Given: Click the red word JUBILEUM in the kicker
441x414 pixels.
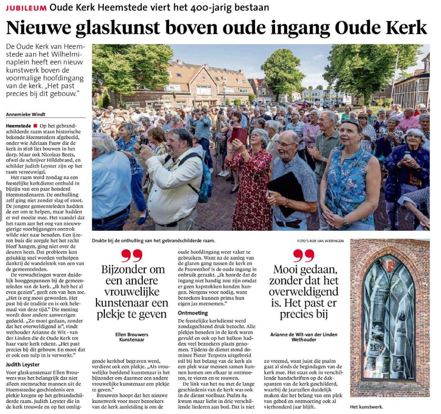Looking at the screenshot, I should pyautogui.click(x=25, y=8).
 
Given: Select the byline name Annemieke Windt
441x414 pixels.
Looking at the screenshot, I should pyautogui.click(x=26, y=113).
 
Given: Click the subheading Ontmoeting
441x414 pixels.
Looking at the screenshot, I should pyautogui.click(x=193, y=313).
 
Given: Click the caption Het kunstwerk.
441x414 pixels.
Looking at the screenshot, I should pyautogui.click(x=367, y=407).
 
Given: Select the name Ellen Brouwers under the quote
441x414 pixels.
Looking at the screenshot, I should pyautogui.click(x=131, y=334).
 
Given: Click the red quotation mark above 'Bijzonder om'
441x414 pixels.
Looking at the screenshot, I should pyautogui.click(x=131, y=256).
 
